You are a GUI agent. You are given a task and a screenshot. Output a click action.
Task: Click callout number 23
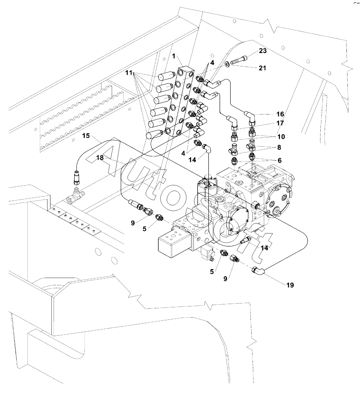click(263, 51)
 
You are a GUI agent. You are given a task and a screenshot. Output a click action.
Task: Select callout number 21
click(262, 68)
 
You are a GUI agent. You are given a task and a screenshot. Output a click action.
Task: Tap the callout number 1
click(174, 56)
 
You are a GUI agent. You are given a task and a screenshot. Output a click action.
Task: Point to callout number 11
click(129, 73)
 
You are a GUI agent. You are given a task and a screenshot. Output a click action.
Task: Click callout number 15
click(86, 136)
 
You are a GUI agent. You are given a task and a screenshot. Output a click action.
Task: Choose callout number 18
click(100, 158)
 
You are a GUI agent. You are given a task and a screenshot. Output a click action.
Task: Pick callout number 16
click(280, 114)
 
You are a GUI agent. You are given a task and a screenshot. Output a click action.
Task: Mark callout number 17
click(280, 123)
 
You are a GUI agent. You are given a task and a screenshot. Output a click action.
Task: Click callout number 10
click(281, 137)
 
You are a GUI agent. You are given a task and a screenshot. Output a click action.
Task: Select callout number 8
click(279, 147)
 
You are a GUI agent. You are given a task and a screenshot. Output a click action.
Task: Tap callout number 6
click(280, 161)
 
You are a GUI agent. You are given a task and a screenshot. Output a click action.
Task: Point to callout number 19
click(290, 285)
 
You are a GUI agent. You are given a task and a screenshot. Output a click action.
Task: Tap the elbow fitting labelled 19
click(258, 270)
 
